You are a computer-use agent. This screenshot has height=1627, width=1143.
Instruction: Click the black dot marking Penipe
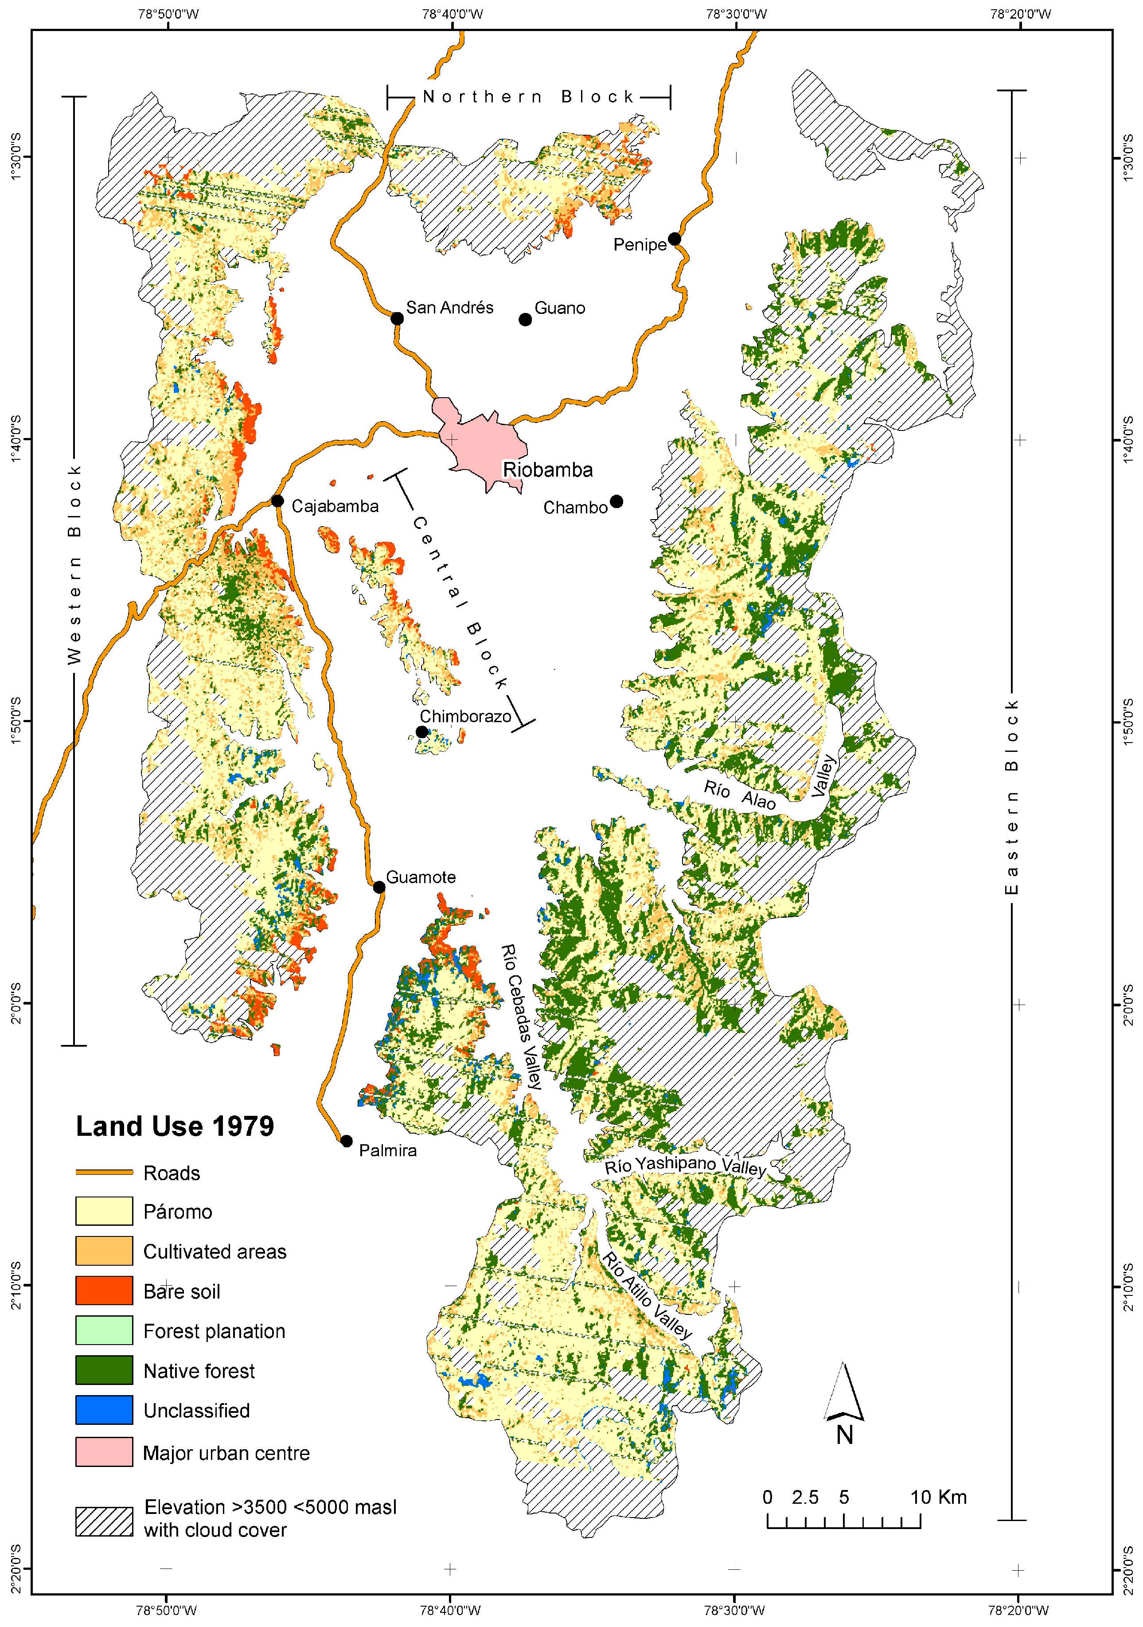tap(675, 239)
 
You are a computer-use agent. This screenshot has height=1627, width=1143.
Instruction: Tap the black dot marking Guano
tap(525, 320)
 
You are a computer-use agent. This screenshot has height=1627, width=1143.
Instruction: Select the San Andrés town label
tap(449, 308)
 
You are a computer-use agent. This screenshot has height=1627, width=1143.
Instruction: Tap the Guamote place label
tap(421, 877)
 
